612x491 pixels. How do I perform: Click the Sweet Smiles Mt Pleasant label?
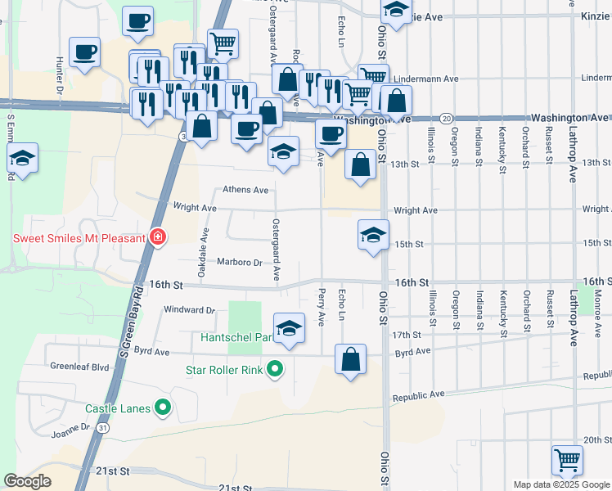tap(79, 239)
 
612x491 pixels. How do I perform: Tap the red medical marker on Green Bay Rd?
tap(158, 238)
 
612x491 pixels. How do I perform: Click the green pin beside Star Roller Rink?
tap(276, 370)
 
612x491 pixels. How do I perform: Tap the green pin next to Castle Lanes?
tap(164, 407)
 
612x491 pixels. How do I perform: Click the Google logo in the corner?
tap(27, 481)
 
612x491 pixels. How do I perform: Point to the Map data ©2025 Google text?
tap(560, 484)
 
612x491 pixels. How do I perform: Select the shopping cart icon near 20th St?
tap(567, 459)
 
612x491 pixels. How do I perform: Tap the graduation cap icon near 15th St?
tap(373, 235)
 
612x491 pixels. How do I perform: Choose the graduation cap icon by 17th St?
tap(288, 329)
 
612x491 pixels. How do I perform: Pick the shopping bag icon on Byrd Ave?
tap(350, 359)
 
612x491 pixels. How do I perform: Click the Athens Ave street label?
tap(245, 190)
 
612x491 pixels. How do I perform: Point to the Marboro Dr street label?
tap(239, 263)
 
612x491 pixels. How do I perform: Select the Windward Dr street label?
tap(188, 310)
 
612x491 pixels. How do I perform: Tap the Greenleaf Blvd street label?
tap(79, 367)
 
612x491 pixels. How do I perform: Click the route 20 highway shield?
tap(446, 118)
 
